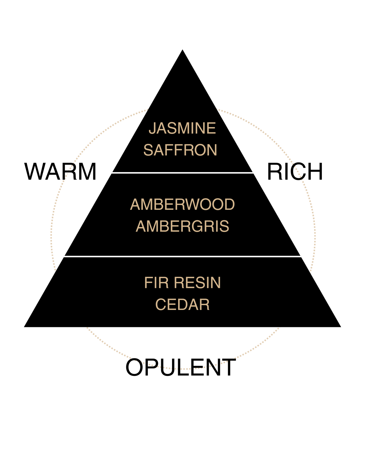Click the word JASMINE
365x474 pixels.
tap(182, 128)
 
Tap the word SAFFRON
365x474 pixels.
tap(180, 150)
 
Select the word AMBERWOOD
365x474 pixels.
tap(182, 204)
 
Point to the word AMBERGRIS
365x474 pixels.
tap(182, 226)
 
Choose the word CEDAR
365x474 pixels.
tap(182, 304)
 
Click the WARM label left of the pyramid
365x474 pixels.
tap(60, 172)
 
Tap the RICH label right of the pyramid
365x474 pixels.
tap(295, 172)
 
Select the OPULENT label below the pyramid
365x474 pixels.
tap(181, 367)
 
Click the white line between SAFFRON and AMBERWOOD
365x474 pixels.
tap(182, 173)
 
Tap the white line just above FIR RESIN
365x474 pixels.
tap(182, 256)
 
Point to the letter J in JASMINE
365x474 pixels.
tap(152, 128)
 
